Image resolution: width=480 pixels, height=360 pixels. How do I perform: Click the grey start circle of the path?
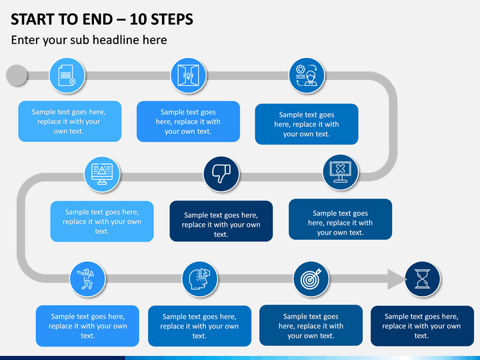tap(17, 75)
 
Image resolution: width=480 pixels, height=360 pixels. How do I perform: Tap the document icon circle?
tap(67, 75)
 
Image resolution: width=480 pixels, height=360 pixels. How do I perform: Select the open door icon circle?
tap(188, 75)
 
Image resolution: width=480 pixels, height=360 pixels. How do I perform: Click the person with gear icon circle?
tap(307, 75)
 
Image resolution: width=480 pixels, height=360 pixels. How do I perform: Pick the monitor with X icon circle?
tap(341, 172)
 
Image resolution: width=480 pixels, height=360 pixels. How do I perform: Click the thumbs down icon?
tap(221, 174)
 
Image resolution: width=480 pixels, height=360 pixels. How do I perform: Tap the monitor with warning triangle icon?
tap(102, 174)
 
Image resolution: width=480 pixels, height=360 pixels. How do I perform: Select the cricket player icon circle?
tap(87, 279)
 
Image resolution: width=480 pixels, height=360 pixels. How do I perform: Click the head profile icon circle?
tap(200, 279)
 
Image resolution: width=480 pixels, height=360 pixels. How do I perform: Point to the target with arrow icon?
tap(311, 279)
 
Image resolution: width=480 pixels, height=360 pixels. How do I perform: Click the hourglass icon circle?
tap(423, 279)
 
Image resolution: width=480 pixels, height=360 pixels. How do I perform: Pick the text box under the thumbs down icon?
tap(221, 221)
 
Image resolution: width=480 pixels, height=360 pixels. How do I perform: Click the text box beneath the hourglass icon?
tap(422, 326)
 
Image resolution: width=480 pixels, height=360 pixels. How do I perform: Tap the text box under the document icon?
tap(70, 121)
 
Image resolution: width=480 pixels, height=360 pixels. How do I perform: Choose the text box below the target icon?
tap(311, 325)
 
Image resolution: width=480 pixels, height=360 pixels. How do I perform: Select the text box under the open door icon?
tap(188, 121)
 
